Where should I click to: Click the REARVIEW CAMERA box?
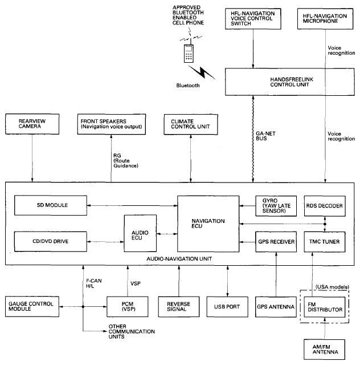click(32, 124)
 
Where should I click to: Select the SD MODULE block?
click(51, 205)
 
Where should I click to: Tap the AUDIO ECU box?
click(140, 233)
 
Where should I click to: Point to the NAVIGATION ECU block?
click(208, 224)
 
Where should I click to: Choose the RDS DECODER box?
click(325, 206)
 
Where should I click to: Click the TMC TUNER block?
click(325, 242)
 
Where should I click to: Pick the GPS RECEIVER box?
click(276, 242)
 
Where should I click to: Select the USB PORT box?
click(227, 307)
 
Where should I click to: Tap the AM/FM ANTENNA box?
click(325, 350)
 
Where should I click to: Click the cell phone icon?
click(189, 53)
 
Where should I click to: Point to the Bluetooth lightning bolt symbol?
click(202, 72)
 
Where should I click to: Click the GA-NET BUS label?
click(265, 136)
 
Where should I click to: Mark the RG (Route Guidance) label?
click(125, 160)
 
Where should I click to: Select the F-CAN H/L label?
click(94, 283)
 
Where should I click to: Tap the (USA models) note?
click(332, 287)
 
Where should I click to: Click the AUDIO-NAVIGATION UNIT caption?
click(179, 258)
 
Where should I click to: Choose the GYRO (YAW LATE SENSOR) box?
click(276, 206)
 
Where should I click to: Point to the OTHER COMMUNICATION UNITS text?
click(132, 331)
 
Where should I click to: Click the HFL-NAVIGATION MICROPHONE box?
click(325, 19)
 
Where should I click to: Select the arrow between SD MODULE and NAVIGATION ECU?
click(132, 205)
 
